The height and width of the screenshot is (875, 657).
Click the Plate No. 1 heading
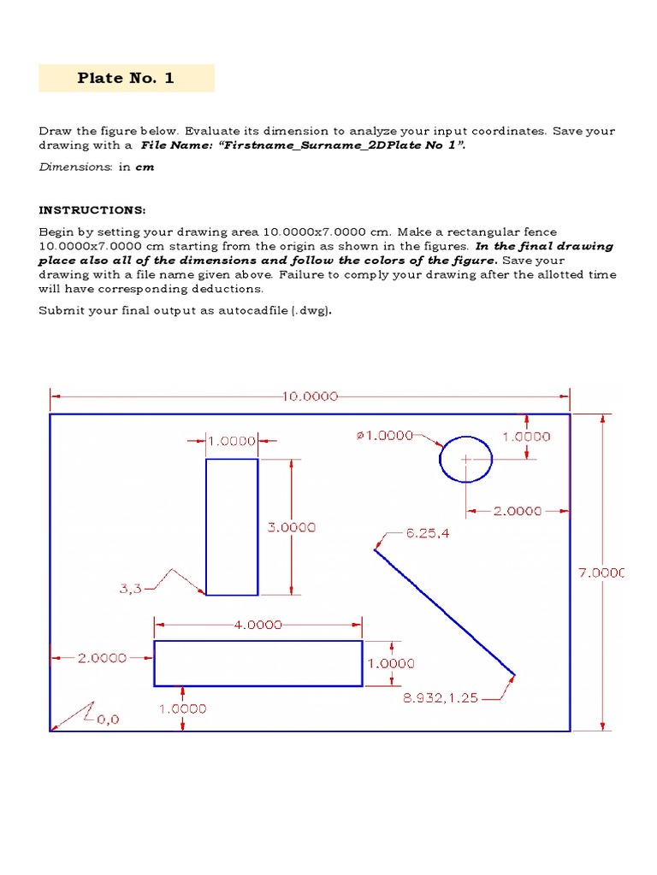point(126,78)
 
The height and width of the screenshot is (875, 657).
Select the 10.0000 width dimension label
point(310,396)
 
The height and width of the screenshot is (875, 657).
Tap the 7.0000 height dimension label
point(601,573)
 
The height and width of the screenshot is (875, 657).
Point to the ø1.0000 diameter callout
point(384,436)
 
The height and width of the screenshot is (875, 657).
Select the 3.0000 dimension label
point(292,527)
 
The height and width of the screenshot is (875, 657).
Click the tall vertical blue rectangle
point(232,526)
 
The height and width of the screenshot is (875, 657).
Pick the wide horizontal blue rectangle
point(257,663)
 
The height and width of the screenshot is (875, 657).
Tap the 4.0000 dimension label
point(257,625)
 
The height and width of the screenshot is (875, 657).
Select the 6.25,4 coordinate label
point(428,532)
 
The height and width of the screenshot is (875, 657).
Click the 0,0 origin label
point(108,719)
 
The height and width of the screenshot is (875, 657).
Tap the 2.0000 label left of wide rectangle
point(103,658)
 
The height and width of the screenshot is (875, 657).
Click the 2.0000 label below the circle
point(518,511)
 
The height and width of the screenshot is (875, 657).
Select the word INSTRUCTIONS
point(92,209)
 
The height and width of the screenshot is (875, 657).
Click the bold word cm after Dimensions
point(145,167)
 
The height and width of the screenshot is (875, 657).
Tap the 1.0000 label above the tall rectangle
point(233,441)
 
